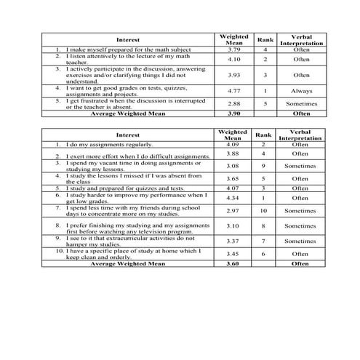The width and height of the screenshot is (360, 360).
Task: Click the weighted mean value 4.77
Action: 233,91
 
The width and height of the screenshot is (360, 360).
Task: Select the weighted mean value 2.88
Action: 233,104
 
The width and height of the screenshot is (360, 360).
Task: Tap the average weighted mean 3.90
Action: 233,113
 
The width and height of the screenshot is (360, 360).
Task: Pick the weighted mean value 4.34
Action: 233,197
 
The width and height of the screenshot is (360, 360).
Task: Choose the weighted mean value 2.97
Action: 233,210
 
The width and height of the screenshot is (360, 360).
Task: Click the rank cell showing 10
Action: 263,210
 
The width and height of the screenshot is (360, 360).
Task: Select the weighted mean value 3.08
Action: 233,166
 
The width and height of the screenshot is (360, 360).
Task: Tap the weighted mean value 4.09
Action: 233,145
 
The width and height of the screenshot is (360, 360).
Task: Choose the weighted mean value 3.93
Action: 233,74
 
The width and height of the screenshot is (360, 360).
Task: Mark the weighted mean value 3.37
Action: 233,241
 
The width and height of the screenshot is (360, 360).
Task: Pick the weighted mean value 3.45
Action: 233,254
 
